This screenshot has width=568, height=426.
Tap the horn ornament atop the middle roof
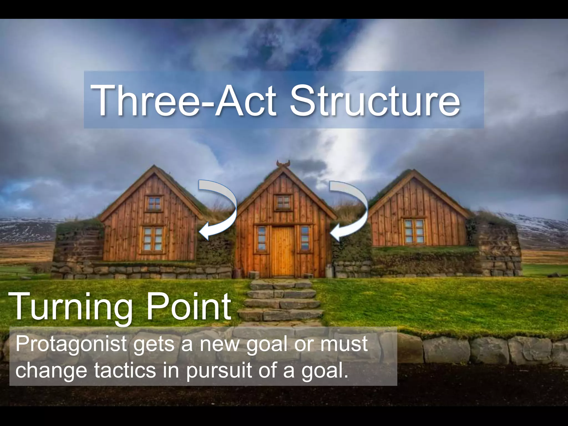(283, 164)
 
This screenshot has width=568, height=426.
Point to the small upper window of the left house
(154, 203)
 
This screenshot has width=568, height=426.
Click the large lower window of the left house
(153, 239)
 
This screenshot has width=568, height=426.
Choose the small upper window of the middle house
(283, 202)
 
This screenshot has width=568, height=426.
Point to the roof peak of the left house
(154, 167)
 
